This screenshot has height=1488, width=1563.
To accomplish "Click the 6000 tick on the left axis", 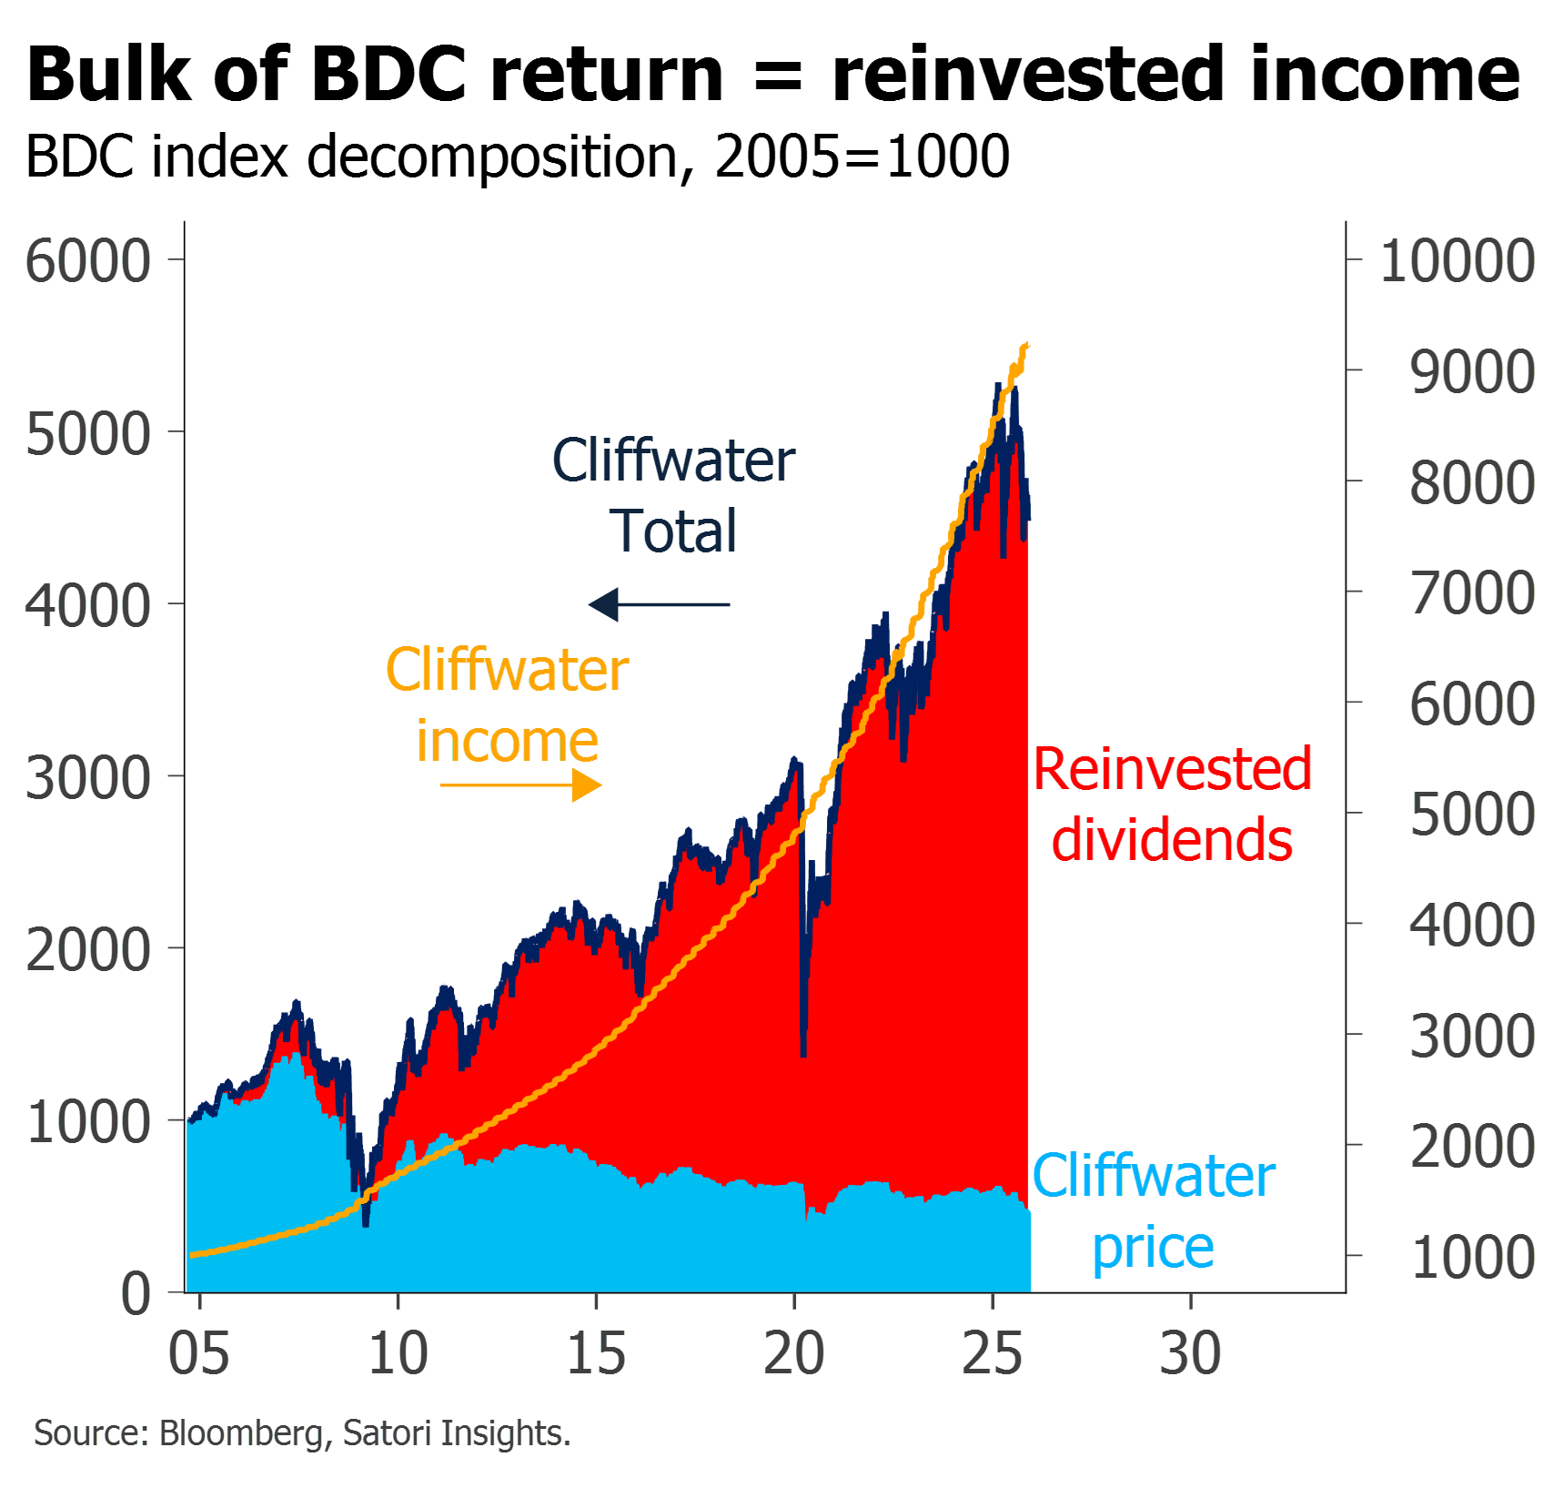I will tap(88, 261).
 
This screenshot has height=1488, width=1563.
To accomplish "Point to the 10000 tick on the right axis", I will tap(1457, 261).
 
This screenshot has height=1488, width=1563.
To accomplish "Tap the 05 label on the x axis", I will tap(199, 1353).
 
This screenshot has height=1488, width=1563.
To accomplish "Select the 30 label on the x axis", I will tap(1191, 1353).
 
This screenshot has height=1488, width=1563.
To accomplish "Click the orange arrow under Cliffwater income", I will tap(520, 784).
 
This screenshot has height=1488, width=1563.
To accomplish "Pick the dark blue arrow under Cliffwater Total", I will tap(660, 604).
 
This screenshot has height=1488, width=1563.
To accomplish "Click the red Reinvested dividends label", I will tap(1173, 804).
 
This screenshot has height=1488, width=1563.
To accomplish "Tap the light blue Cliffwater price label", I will tap(1154, 1211).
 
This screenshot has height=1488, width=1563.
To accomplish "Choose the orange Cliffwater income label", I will tap(508, 705).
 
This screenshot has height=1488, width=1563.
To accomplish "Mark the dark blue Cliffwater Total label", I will tap(674, 496).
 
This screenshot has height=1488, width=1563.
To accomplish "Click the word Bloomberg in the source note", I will tap(241, 1433).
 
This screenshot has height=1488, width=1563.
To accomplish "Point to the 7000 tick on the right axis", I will tap(1473, 592).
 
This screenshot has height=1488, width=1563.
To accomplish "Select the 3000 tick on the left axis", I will tap(88, 778).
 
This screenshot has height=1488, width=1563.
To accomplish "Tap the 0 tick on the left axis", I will tap(136, 1293).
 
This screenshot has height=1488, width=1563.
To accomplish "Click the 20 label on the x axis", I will tap(794, 1353).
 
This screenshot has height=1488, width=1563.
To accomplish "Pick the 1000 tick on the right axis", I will tap(1473, 1257).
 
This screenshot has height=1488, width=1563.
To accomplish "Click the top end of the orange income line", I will tap(1027, 345).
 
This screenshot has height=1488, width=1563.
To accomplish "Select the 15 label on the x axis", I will tap(596, 1353).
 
